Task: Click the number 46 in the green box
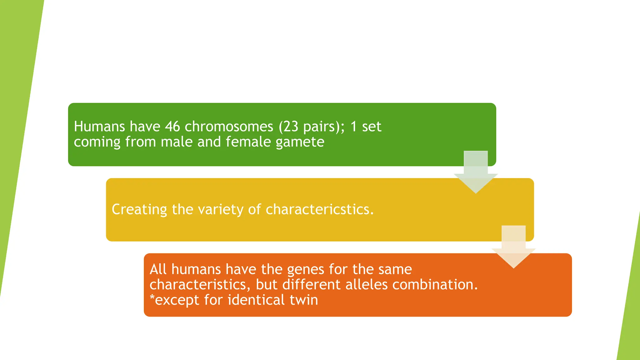click(172, 127)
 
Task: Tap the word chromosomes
click(229, 127)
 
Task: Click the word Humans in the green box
click(99, 127)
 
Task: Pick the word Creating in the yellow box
click(139, 209)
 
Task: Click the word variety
click(221, 209)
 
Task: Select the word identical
click(256, 300)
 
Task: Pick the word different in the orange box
click(311, 285)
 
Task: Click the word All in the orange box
click(158, 269)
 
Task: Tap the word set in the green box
click(372, 127)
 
